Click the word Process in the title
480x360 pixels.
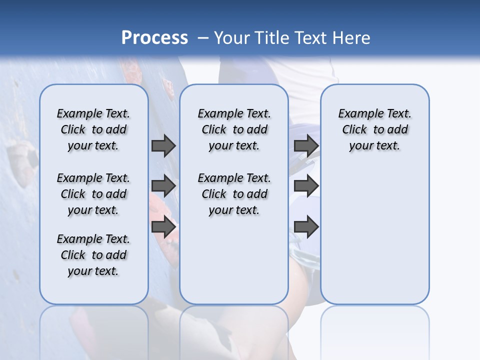(x=154, y=37)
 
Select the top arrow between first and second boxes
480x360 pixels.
(x=163, y=145)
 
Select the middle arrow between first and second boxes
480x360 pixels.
(x=163, y=186)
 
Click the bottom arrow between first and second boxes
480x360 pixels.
(x=163, y=227)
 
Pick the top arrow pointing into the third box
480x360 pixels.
(x=306, y=145)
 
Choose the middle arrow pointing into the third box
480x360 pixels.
(x=306, y=186)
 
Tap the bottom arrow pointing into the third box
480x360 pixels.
(x=306, y=227)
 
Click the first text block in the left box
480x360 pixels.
(x=93, y=129)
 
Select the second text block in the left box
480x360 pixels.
(x=93, y=194)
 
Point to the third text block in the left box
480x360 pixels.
(x=93, y=255)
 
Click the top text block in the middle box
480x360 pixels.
(x=234, y=129)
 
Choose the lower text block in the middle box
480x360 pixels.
(x=234, y=194)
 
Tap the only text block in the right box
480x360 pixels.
(x=374, y=129)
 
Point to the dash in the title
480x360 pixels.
(x=203, y=38)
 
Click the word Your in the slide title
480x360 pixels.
(x=232, y=37)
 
